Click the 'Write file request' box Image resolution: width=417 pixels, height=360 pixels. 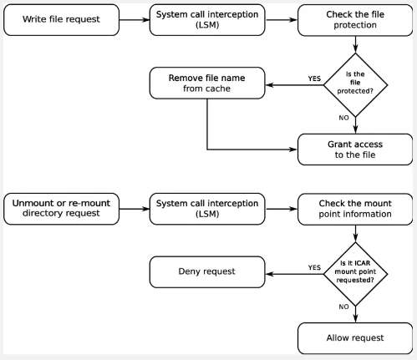60,19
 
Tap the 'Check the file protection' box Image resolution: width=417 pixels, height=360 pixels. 355,19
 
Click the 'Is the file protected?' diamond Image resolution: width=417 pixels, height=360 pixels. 356,83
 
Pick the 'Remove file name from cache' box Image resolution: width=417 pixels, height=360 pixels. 207,83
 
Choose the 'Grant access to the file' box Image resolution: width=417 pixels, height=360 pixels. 355,150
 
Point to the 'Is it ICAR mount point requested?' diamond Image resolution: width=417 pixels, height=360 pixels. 356,271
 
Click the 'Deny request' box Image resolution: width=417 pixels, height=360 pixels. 207,271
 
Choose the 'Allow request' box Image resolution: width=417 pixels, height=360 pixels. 355,337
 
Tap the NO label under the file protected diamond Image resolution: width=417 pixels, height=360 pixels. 343,119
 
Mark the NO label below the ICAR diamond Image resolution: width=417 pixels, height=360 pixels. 343,307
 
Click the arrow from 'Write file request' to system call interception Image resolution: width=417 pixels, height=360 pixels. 134,19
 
